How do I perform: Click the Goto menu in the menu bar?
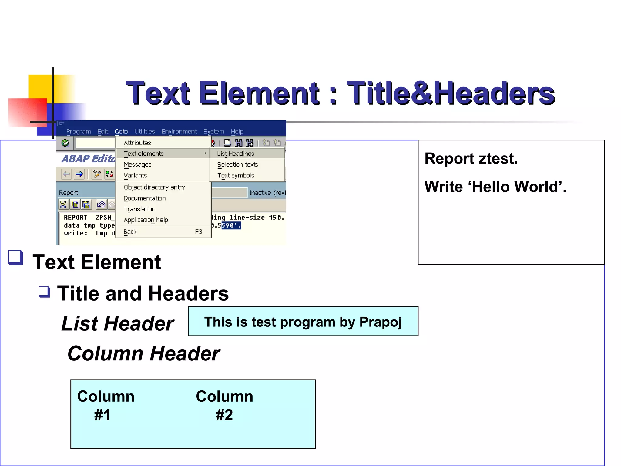(121, 131)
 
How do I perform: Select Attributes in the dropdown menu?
(137, 143)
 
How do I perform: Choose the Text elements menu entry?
(144, 154)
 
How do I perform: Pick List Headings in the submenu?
(236, 154)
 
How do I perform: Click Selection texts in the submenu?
(237, 164)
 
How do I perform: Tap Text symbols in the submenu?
(236, 175)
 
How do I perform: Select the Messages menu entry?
(137, 164)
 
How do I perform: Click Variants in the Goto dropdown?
(135, 175)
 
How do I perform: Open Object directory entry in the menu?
(154, 187)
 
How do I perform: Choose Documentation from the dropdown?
(145, 198)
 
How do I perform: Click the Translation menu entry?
(139, 209)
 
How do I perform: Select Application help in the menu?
(146, 220)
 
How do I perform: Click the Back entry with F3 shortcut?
(130, 232)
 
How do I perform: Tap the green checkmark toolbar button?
(65, 143)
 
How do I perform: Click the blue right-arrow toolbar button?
(79, 174)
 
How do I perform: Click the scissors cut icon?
(63, 205)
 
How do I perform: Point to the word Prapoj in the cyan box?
(380, 322)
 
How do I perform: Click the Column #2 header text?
(224, 405)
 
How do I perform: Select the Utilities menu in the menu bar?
(144, 131)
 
